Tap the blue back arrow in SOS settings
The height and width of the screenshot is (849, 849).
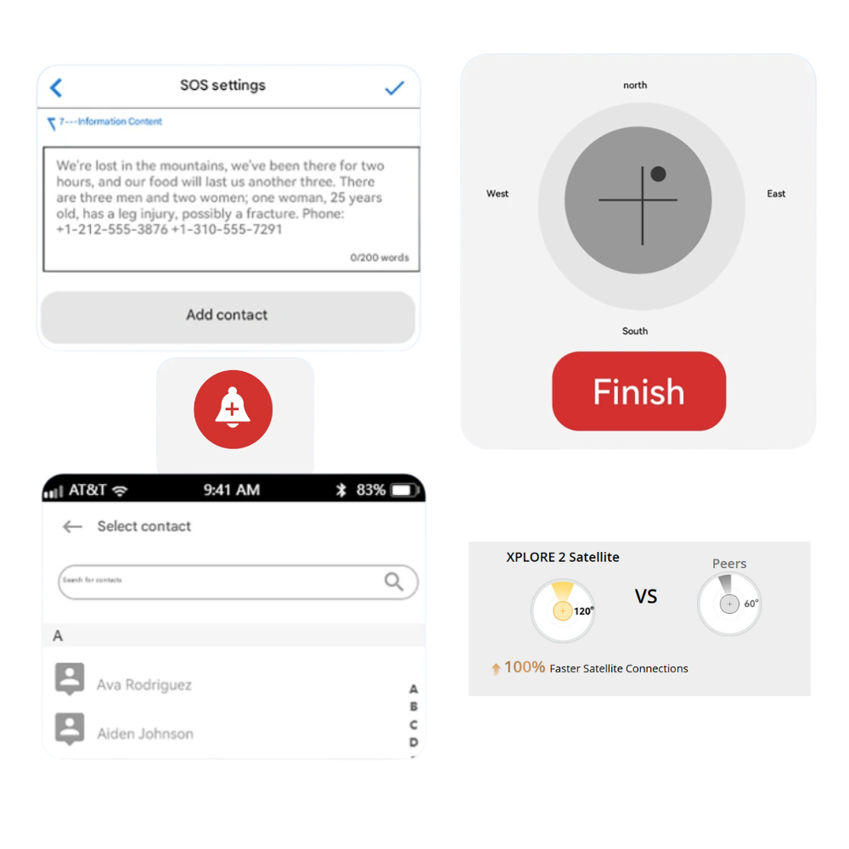[x=56, y=87]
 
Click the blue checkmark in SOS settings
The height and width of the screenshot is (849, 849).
[x=395, y=87]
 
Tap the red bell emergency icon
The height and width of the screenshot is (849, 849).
[x=233, y=409]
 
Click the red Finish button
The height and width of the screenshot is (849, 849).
[x=639, y=391]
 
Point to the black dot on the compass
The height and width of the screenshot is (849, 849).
[x=659, y=174]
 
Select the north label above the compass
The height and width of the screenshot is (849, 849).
[x=635, y=85]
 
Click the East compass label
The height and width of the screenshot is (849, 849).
[x=776, y=194]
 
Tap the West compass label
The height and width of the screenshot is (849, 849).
[x=497, y=194]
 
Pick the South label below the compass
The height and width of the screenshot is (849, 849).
[x=634, y=331]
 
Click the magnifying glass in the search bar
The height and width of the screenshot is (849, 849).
[x=394, y=582]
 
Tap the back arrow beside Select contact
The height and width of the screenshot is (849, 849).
[x=72, y=526]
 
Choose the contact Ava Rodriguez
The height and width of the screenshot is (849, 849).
[x=144, y=685]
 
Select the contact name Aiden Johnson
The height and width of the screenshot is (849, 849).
[x=145, y=734]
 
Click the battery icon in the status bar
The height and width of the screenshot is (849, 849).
[x=404, y=490]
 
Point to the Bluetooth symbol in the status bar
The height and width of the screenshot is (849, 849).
[x=340, y=490]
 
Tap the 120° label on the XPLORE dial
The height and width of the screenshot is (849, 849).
[x=584, y=610]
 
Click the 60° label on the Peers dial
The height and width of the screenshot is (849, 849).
[x=751, y=603]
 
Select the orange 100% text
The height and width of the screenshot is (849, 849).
[x=524, y=667]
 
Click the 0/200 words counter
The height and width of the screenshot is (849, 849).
[x=380, y=258]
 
